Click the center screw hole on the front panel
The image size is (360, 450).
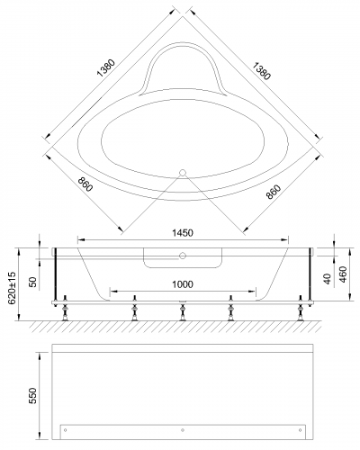183,428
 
